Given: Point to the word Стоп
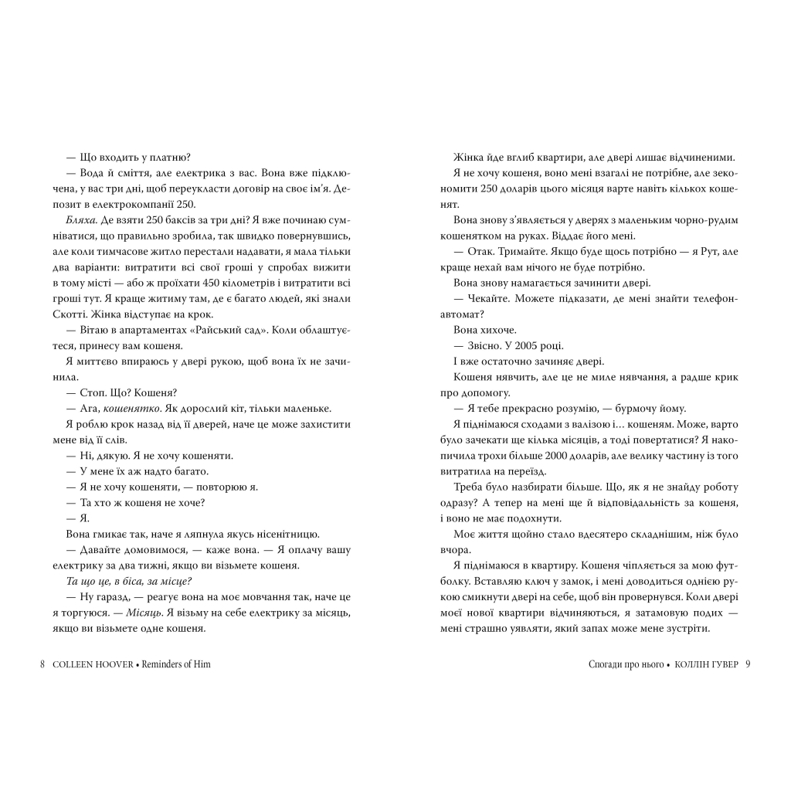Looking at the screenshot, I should point(94,392).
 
